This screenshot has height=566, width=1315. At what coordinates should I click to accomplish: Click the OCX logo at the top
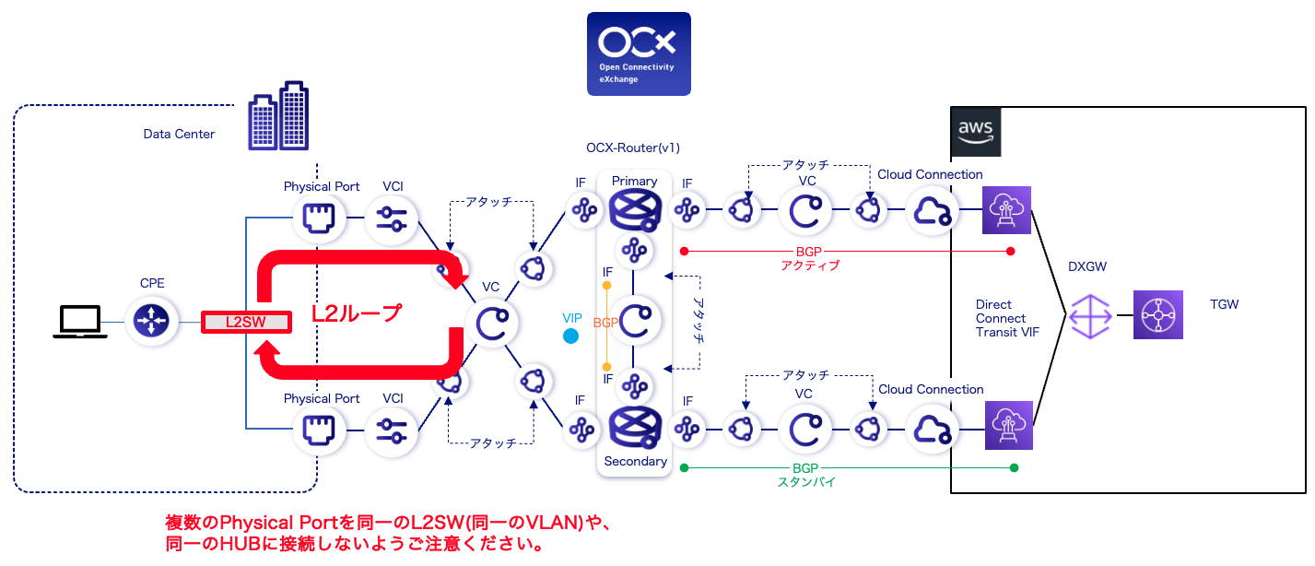(x=639, y=53)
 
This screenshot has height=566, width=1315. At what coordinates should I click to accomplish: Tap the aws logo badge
(x=975, y=130)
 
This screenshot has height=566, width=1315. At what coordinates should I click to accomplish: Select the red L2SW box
(x=247, y=322)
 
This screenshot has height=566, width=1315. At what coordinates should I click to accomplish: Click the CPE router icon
(x=151, y=321)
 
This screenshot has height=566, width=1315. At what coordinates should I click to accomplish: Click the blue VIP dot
(x=570, y=336)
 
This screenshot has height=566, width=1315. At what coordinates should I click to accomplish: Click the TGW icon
(x=1157, y=315)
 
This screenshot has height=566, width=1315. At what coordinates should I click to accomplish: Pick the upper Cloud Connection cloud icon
(x=930, y=212)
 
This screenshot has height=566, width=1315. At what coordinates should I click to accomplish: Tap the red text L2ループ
(x=357, y=313)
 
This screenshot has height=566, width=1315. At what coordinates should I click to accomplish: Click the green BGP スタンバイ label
(x=804, y=475)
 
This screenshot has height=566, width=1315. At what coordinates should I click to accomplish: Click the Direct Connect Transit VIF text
(x=1007, y=318)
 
